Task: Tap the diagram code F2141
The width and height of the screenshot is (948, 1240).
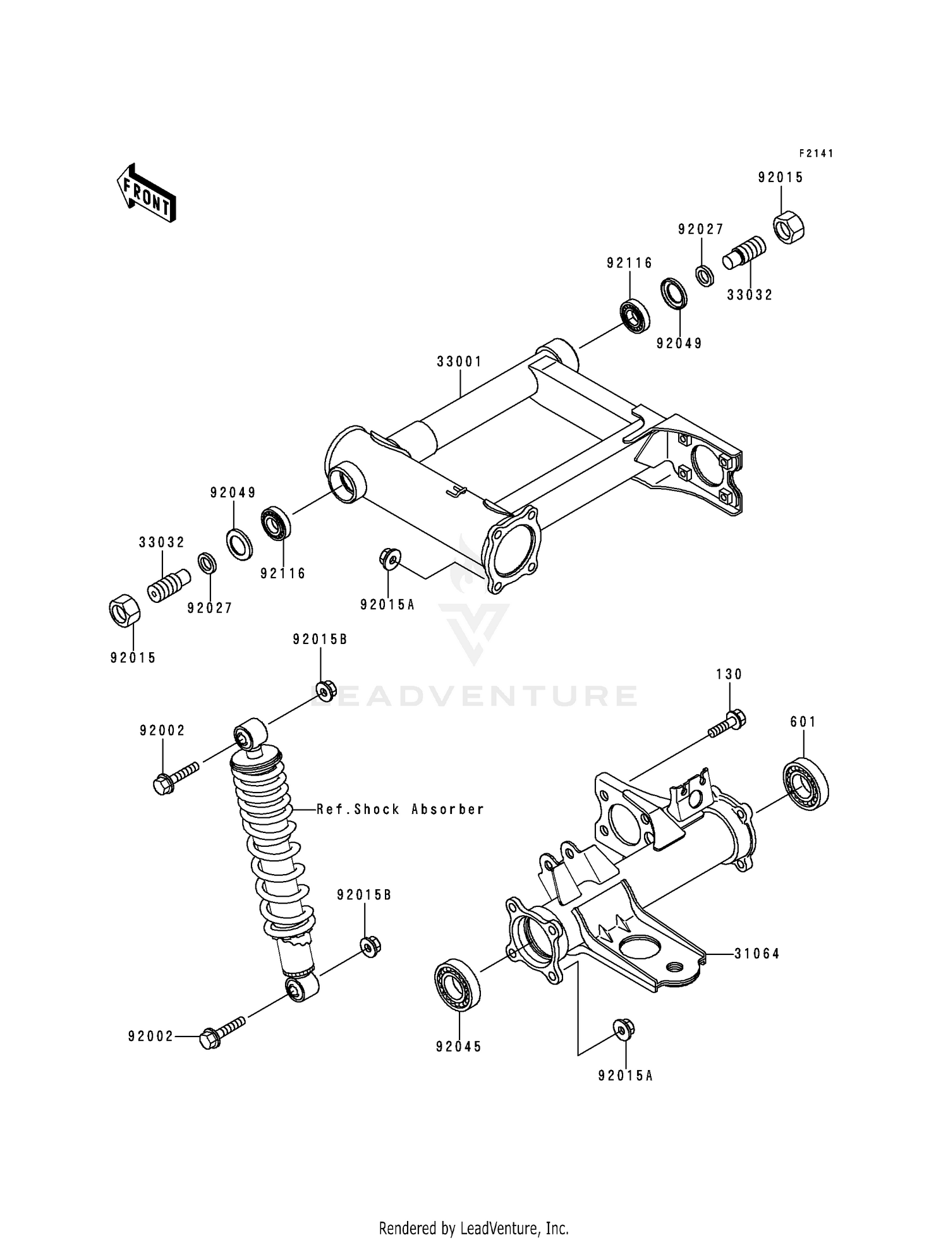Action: [816, 154]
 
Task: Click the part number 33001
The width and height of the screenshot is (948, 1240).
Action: [459, 362]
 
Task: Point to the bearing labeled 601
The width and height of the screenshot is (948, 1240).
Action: [806, 783]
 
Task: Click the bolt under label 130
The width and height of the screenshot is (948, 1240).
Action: [727, 726]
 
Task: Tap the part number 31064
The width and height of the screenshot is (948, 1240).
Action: [757, 954]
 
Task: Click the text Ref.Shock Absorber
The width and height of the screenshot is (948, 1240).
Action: [400, 809]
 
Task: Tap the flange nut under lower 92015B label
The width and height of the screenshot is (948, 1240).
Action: [370, 946]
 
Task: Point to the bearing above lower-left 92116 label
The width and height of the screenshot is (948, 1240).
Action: [276, 523]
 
